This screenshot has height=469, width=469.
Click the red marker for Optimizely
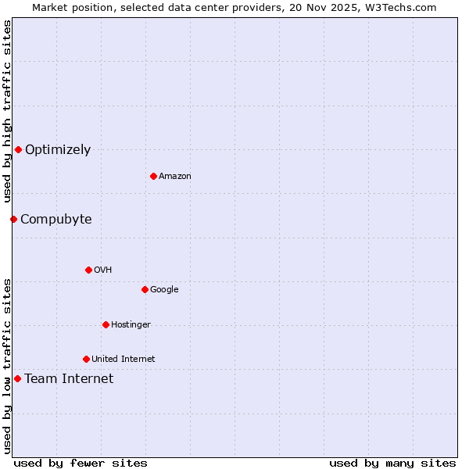tap(18, 149)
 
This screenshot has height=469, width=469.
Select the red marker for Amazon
tap(153, 176)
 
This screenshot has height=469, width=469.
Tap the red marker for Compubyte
tap(13, 219)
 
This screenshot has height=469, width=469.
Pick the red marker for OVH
tap(88, 270)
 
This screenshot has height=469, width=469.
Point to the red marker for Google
tap(145, 289)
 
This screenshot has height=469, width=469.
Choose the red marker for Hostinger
tap(106, 324)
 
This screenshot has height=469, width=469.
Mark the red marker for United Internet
tap(86, 359)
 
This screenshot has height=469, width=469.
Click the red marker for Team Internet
tap(17, 378)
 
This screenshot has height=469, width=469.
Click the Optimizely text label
tap(58, 150)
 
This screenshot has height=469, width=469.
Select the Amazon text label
tap(175, 177)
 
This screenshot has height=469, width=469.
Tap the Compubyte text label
tap(56, 220)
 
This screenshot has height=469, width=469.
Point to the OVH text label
tap(103, 270)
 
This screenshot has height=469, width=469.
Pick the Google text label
tap(164, 290)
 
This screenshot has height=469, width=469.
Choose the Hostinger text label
tap(131, 325)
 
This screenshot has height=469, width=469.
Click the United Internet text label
tap(124, 360)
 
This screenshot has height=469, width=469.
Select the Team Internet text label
tap(69, 379)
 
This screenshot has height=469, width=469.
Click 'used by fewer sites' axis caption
tap(81, 463)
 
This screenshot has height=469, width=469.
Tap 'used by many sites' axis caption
tap(392, 463)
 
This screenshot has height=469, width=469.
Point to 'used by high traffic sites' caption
tap(7, 112)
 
